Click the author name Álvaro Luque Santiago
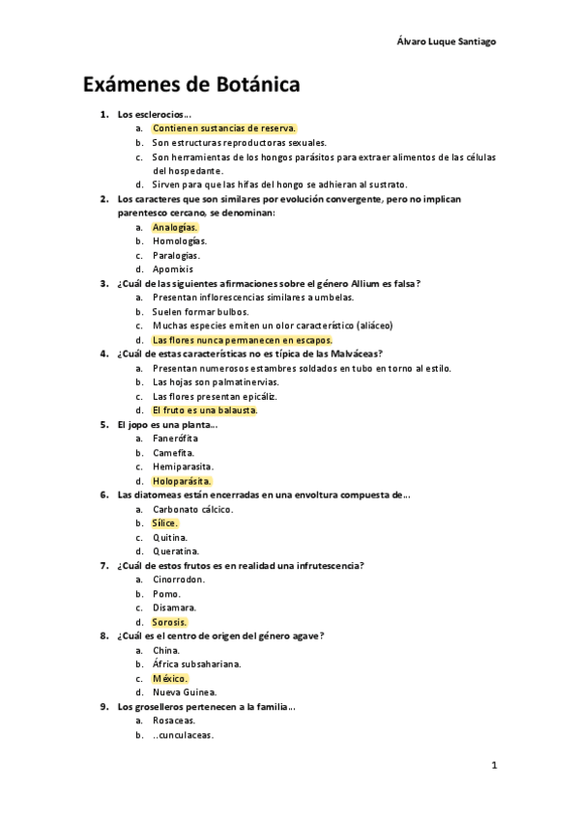click(x=448, y=42)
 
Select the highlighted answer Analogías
click(x=174, y=227)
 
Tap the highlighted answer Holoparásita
click(x=182, y=480)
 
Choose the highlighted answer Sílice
click(x=165, y=522)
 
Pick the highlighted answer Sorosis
click(x=170, y=622)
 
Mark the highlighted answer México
click(x=170, y=678)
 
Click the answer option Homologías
click(x=179, y=240)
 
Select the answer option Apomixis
click(x=174, y=268)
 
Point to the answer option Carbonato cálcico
click(x=192, y=509)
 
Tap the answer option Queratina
click(x=176, y=551)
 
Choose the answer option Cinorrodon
click(x=179, y=579)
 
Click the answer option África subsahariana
click(x=197, y=664)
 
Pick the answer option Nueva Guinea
click(x=185, y=692)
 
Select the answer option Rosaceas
click(x=174, y=720)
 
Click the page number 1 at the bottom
click(x=493, y=766)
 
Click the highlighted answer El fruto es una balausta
click(x=205, y=409)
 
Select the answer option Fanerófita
click(x=175, y=438)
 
